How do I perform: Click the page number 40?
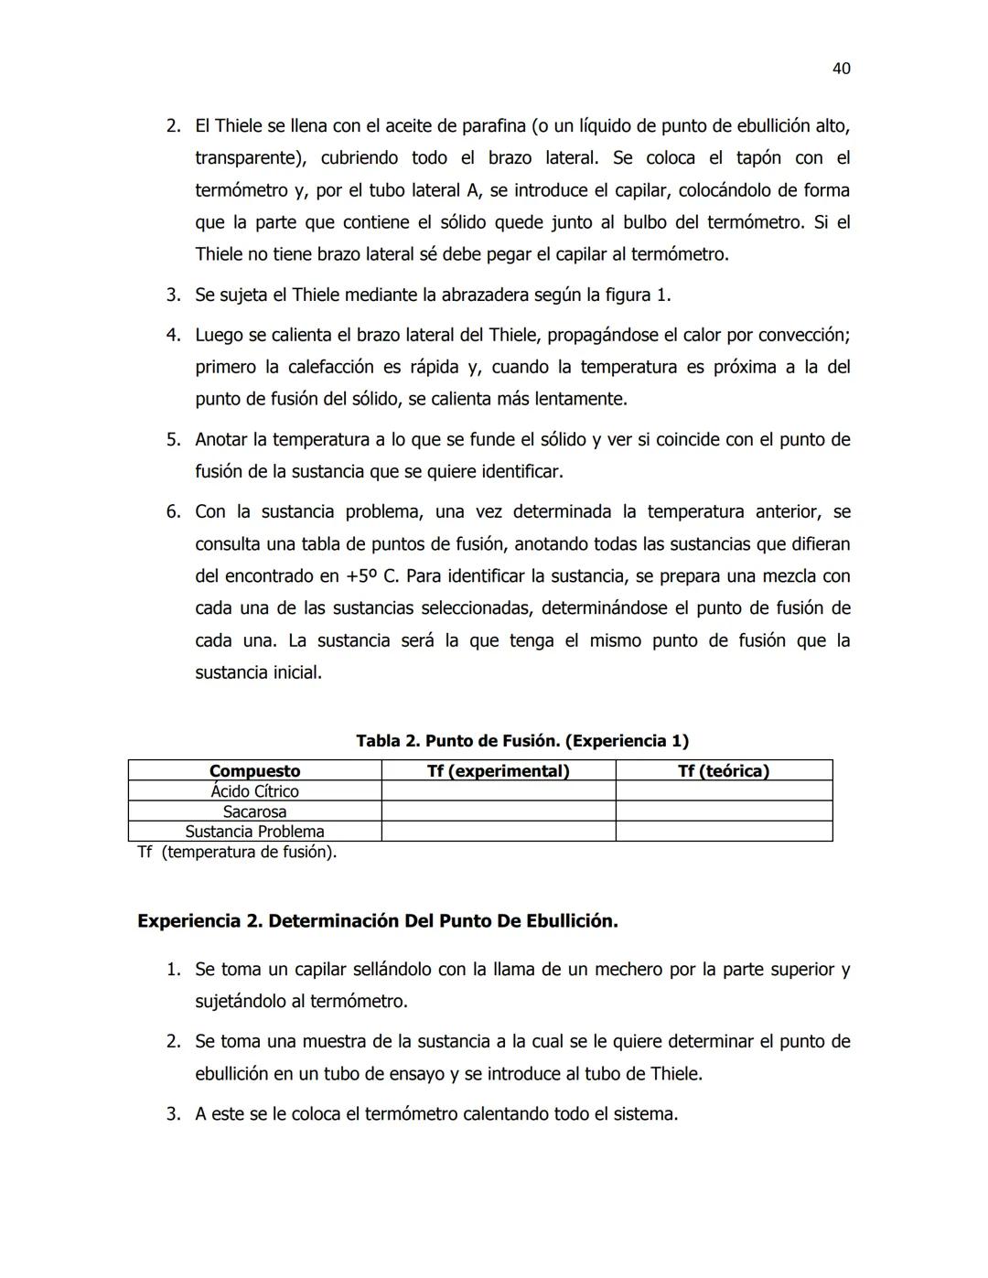point(842,69)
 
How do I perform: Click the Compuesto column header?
point(254,771)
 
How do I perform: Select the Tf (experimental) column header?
point(498,771)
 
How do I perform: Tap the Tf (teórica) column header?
point(723,771)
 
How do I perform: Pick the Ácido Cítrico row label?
point(254,791)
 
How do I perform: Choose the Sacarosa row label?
point(254,811)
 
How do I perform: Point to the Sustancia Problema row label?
point(254,832)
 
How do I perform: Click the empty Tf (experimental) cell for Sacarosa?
point(498,811)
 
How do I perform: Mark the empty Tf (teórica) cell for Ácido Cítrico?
point(723,791)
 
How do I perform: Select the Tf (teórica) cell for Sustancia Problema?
point(723,832)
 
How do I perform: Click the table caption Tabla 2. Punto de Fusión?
point(522,741)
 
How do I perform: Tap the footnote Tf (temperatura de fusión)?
point(237,853)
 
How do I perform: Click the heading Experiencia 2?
point(377,921)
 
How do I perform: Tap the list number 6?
point(173,511)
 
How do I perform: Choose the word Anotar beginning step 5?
point(220,440)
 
